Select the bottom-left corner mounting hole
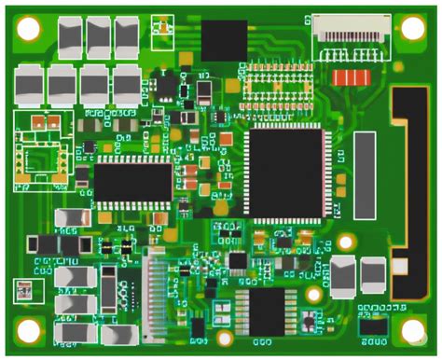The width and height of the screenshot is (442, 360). [x=29, y=330]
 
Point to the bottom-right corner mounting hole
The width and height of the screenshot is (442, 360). [x=413, y=330]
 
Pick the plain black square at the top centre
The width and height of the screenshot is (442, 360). [x=226, y=39]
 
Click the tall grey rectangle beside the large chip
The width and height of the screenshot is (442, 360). [x=366, y=175]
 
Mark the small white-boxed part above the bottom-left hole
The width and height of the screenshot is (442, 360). [x=25, y=291]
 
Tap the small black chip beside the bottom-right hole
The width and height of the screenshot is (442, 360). [x=374, y=326]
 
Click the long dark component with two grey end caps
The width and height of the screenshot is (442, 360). [x=58, y=243]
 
